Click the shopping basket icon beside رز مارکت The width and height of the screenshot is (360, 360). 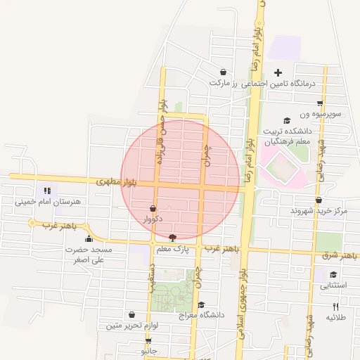click(223, 72)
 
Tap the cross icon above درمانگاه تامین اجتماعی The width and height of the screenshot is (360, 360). click(278, 72)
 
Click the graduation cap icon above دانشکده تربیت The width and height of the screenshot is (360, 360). click(285, 120)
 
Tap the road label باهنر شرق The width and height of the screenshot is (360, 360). click(336, 255)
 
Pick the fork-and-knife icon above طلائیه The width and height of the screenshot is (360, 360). click(335, 307)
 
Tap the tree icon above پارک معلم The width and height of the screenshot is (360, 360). click(173, 238)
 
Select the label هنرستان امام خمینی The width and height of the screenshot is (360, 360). click(48, 202)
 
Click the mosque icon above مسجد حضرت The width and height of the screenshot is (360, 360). click(88, 238)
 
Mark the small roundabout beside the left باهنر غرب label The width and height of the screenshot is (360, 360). click(31, 223)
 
